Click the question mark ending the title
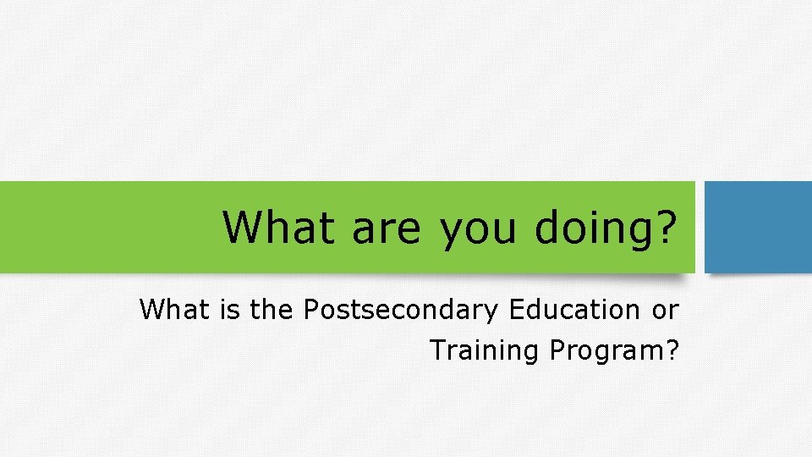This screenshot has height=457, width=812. coord(666,226)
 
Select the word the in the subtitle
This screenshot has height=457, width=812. coord(270,310)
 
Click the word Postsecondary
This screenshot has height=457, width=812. coord(401,311)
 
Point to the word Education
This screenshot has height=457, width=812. coord(575,310)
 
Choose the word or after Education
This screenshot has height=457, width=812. coord(665,311)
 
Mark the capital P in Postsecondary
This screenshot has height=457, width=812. coord(310,310)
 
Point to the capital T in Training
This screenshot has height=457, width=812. coord(437,349)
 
